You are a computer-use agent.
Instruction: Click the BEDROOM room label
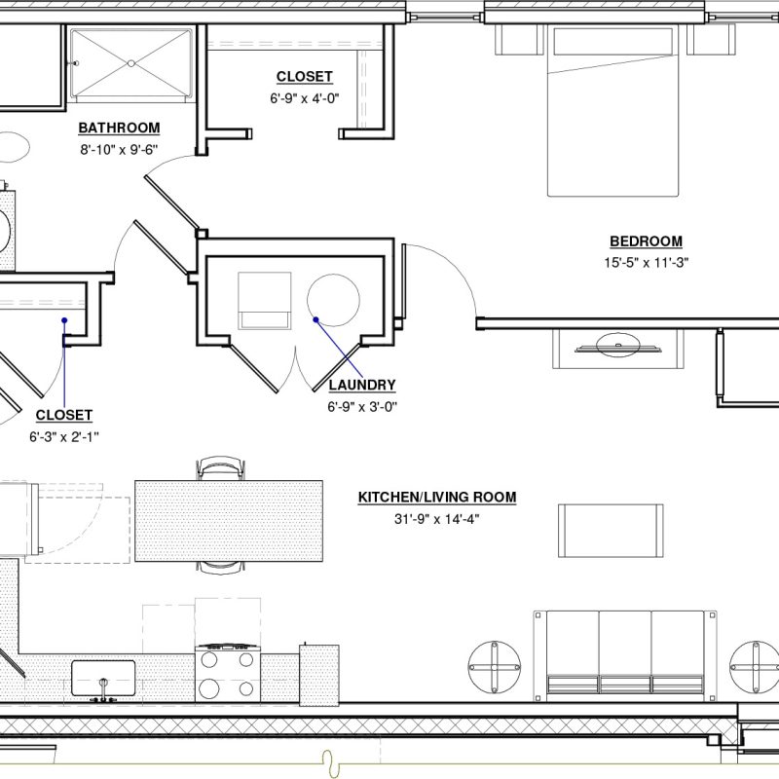[x=646, y=241]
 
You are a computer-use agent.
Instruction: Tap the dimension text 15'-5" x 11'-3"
[x=646, y=262]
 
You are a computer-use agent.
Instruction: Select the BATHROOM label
[x=119, y=128]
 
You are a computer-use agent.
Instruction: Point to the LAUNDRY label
[x=361, y=385]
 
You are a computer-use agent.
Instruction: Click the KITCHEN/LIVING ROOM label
[x=437, y=497]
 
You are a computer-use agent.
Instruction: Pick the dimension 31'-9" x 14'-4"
[x=437, y=519]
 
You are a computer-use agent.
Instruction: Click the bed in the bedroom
[x=612, y=112]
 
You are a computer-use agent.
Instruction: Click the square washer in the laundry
[x=264, y=300]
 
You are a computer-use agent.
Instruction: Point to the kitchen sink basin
[x=102, y=674]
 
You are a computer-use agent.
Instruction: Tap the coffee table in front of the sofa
[x=611, y=531]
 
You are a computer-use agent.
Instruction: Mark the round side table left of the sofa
[x=494, y=668]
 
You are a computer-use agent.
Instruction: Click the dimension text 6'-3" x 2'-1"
[x=64, y=436]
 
